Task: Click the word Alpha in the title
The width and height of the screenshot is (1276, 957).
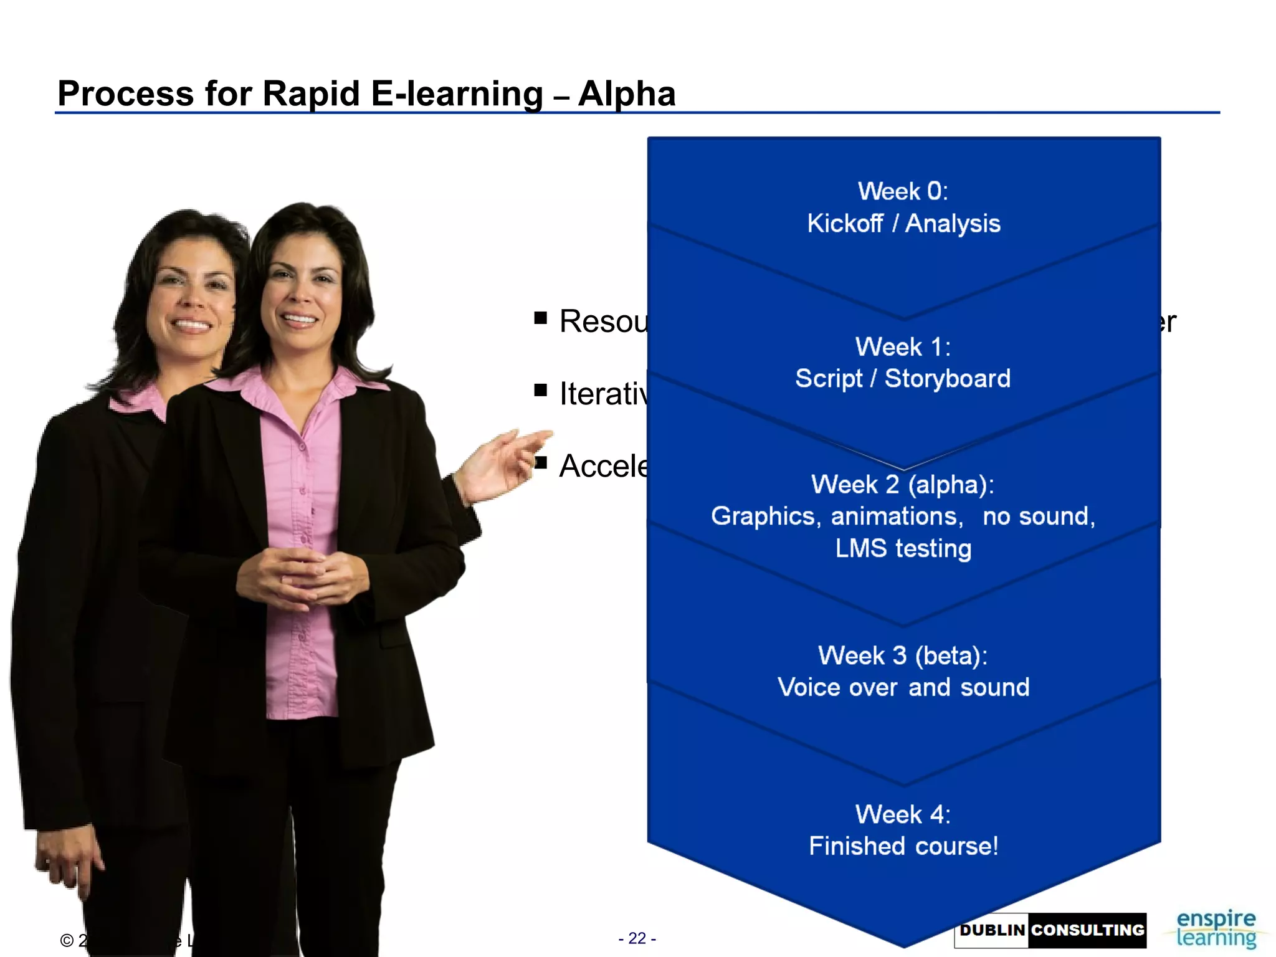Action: (626, 94)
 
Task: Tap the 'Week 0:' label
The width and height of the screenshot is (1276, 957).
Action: (903, 191)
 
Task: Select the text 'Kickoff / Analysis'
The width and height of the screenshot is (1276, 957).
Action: (903, 224)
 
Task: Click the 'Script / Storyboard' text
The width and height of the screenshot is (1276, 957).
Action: (903, 379)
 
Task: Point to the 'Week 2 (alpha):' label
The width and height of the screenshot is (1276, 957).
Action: (903, 485)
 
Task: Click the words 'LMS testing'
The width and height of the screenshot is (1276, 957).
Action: (903, 549)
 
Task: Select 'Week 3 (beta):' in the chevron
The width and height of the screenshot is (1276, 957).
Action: (903, 655)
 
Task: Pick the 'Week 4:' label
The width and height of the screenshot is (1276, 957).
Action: (903, 814)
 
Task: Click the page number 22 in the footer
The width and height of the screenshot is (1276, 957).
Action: (637, 938)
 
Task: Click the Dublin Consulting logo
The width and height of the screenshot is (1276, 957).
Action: (1050, 930)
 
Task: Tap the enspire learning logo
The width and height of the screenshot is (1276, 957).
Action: (1216, 928)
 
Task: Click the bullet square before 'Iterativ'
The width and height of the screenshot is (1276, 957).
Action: (540, 391)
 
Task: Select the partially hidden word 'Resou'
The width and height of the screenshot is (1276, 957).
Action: (603, 321)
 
